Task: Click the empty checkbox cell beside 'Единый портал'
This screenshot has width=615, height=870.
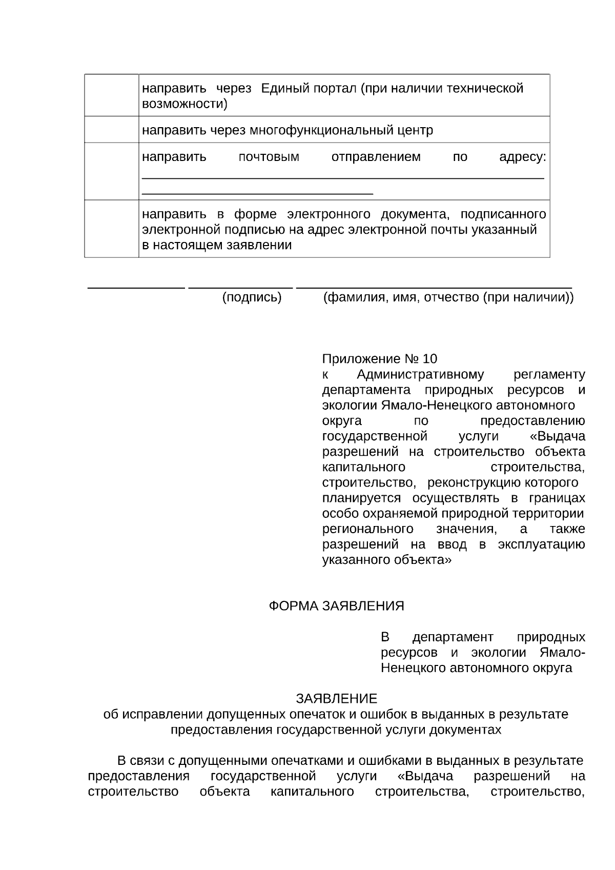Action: (x=111, y=95)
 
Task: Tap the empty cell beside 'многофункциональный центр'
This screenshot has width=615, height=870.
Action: (x=111, y=130)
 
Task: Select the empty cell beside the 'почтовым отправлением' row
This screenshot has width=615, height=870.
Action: (x=111, y=171)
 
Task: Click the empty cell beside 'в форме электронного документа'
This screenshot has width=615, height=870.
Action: (x=111, y=229)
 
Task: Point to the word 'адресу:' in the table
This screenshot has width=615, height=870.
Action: (x=522, y=157)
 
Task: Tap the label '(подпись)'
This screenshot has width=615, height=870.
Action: (x=252, y=297)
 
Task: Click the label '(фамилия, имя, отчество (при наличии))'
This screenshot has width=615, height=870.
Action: (x=448, y=297)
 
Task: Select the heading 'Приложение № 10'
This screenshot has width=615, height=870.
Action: (x=380, y=358)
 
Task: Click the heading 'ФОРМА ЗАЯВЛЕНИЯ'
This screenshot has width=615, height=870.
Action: (x=337, y=606)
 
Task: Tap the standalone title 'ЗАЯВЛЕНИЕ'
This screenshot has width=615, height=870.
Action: (x=336, y=699)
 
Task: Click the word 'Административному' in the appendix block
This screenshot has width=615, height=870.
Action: (x=420, y=374)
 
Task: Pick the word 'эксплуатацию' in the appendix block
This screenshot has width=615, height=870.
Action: (x=541, y=544)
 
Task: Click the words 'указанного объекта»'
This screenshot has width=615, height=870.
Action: (x=387, y=560)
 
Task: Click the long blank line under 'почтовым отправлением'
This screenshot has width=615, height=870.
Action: (x=342, y=178)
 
